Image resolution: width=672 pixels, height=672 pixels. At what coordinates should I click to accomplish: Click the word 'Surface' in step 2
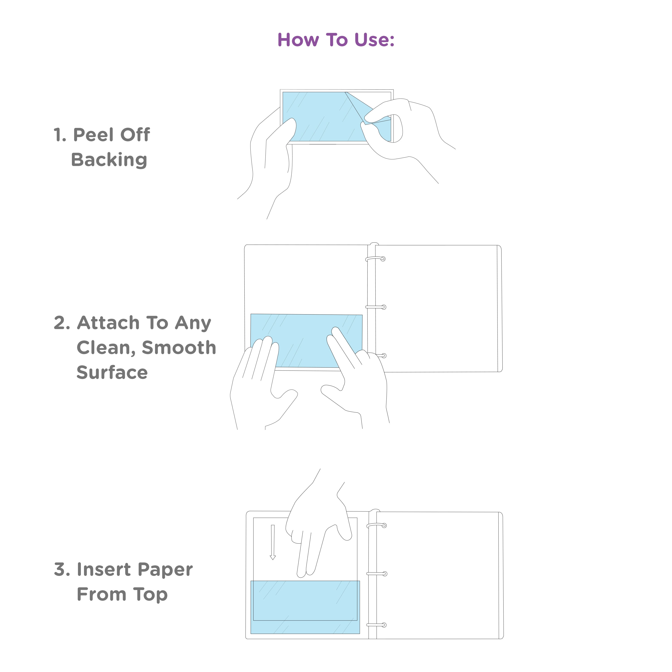(x=112, y=373)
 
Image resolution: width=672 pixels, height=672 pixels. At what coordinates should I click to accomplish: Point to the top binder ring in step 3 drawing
(x=377, y=525)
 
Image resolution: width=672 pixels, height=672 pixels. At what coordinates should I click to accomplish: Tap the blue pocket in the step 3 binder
(x=305, y=607)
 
